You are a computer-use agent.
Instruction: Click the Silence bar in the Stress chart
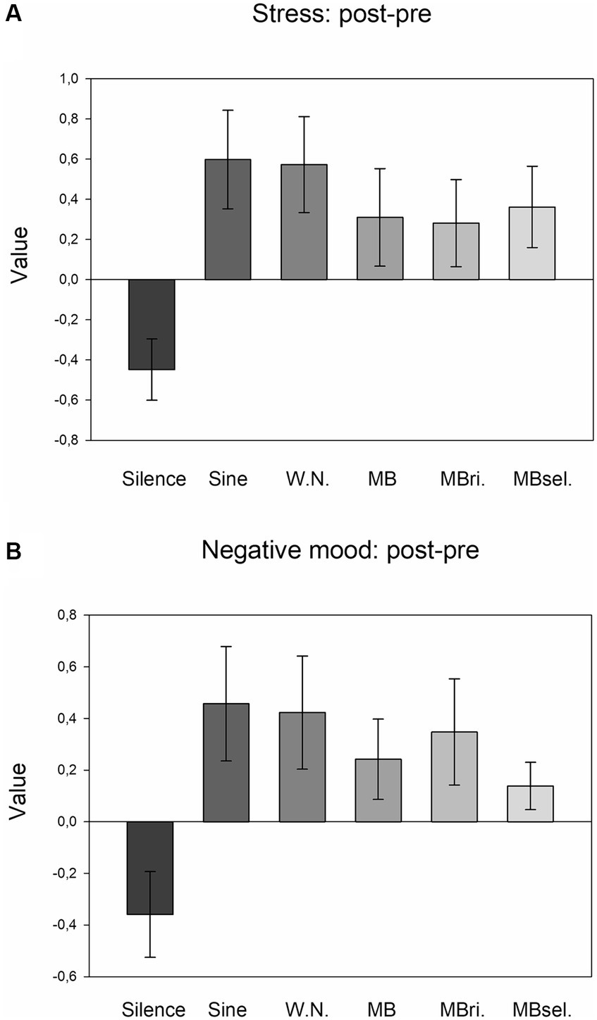tap(152, 324)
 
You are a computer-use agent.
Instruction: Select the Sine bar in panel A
tap(228, 220)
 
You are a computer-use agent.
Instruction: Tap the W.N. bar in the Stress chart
tap(304, 222)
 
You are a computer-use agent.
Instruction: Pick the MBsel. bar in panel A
tap(532, 243)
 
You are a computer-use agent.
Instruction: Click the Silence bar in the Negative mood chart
tap(150, 868)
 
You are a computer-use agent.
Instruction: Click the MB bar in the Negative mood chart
tap(378, 790)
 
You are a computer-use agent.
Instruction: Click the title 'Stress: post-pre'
tap(341, 15)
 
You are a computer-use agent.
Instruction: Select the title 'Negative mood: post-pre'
tap(340, 550)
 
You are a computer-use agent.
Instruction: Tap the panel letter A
tap(13, 13)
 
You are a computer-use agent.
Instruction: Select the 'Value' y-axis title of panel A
tap(20, 254)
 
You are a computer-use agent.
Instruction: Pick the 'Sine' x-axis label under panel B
tap(228, 1009)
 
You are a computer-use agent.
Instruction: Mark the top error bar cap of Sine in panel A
tap(228, 110)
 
